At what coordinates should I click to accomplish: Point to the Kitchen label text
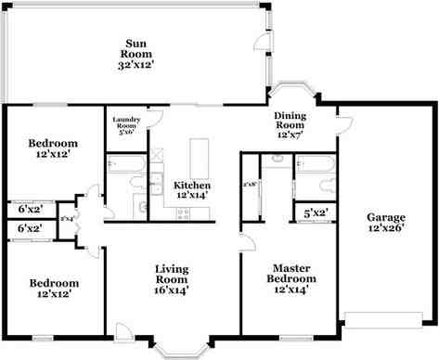193,186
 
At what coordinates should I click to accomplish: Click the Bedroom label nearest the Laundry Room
52,144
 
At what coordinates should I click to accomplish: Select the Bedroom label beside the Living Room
52,284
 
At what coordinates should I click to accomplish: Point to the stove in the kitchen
183,213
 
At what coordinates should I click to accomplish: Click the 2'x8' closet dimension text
249,186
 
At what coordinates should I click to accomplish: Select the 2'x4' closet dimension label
66,218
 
